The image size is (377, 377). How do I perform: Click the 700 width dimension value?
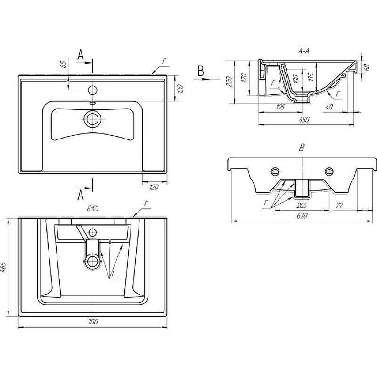point(93,321)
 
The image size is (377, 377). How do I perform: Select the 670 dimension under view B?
point(302,216)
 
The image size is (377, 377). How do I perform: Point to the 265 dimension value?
point(302,205)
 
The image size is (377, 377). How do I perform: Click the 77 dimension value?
point(339,205)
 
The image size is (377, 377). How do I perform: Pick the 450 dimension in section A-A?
point(304,119)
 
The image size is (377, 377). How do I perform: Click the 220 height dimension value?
point(229,82)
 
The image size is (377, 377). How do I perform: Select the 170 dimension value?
point(244,77)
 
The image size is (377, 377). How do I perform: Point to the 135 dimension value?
point(311,77)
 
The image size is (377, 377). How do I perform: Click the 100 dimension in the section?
point(296,79)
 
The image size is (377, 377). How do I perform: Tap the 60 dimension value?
point(367,67)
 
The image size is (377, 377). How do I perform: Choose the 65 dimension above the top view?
point(63,64)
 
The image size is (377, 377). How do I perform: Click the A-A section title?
point(303,51)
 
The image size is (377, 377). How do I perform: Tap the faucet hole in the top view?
point(92,90)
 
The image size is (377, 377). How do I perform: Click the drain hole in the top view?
point(92,119)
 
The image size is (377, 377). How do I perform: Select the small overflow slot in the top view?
point(92,103)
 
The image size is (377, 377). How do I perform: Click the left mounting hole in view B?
point(275,172)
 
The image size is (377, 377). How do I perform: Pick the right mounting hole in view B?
point(329,172)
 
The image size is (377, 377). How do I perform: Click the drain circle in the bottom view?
point(92,261)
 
